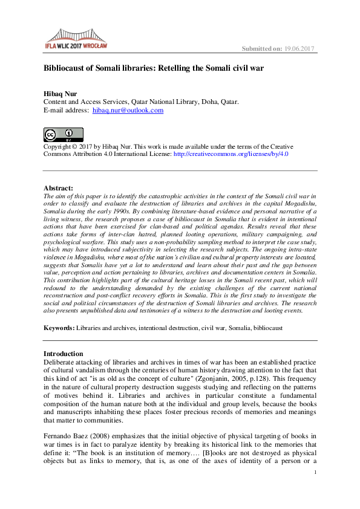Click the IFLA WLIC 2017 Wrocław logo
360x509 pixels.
click(x=76, y=37)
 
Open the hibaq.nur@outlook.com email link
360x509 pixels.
click(x=128, y=111)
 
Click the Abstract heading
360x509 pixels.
click(x=59, y=188)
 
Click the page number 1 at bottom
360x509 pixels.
click(x=316, y=482)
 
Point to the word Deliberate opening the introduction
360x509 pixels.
click(x=62, y=361)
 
